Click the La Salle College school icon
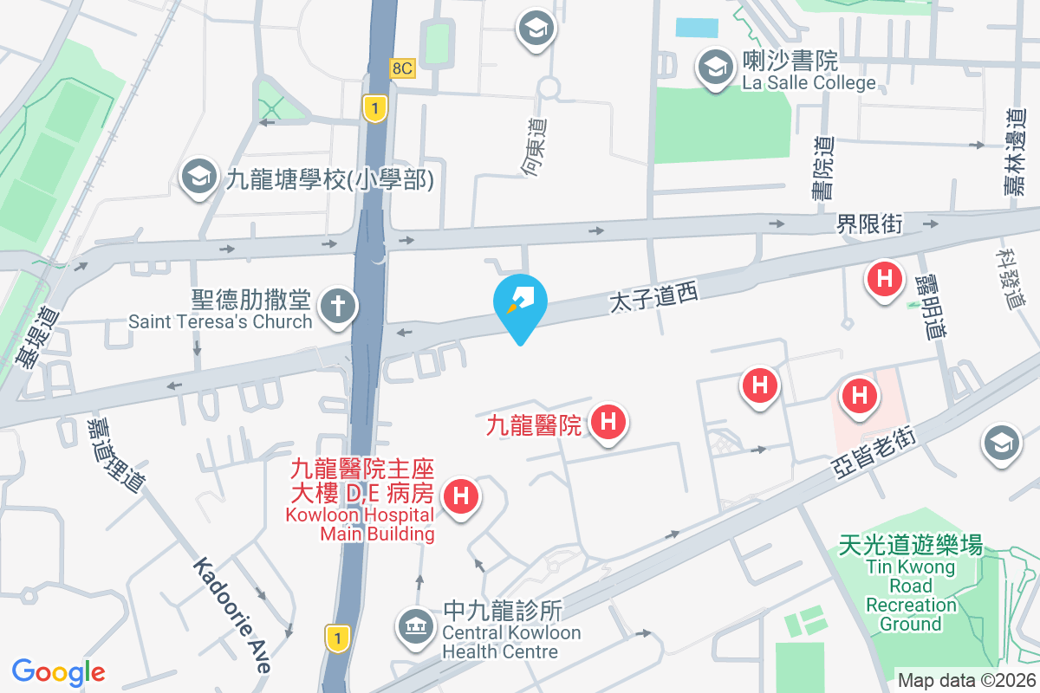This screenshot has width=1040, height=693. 715,67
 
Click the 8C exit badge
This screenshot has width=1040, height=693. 402,68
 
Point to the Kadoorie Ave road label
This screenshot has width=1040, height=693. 232,614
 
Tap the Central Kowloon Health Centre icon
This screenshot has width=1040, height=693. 413,626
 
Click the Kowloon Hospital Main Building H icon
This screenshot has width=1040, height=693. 461,497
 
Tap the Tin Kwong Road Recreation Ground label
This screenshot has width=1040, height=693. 910,585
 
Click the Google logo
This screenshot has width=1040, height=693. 58,671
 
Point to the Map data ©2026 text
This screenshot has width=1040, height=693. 966,681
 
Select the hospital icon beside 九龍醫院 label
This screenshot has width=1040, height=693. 608,423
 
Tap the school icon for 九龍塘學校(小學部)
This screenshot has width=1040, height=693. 198,178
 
